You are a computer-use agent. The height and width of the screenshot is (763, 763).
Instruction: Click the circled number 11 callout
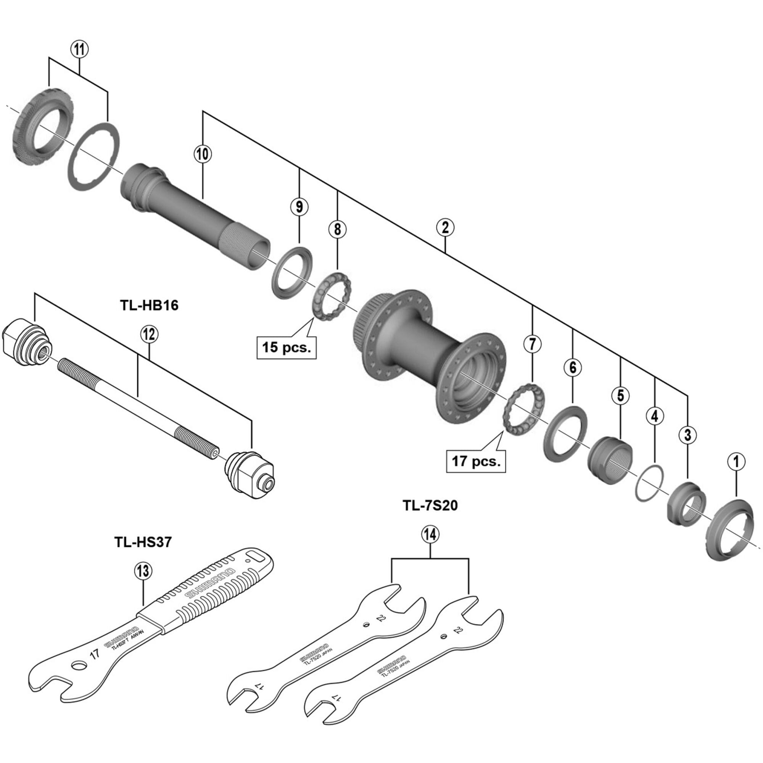tap(79, 50)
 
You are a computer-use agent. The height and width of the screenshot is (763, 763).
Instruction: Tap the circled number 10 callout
tap(203, 155)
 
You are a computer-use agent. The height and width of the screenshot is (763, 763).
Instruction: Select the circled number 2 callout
tap(445, 227)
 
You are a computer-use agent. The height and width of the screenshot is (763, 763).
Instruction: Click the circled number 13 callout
tap(143, 570)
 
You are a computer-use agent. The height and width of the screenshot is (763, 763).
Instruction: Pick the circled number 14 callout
tap(430, 535)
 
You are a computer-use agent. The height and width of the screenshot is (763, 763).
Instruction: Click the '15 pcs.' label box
tap(287, 347)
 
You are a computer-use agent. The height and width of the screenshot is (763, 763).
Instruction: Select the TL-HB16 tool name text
tap(149, 305)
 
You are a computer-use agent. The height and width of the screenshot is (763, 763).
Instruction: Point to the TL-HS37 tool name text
tap(143, 542)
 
